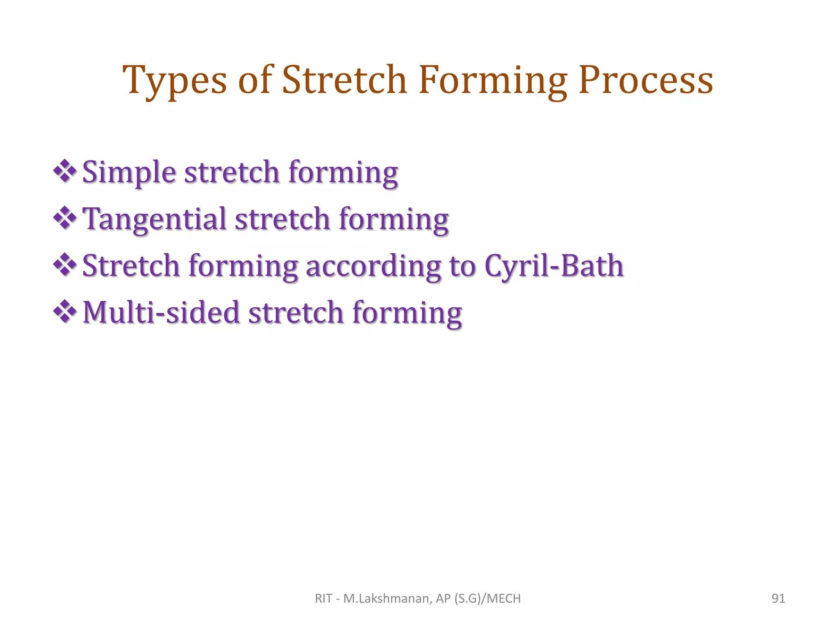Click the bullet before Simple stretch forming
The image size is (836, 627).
click(65, 171)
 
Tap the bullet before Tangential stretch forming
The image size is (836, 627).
click(65, 218)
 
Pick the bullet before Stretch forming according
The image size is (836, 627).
click(65, 265)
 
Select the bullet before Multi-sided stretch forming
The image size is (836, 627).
click(65, 312)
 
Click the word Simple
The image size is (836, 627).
click(129, 172)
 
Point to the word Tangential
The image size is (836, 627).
click(154, 219)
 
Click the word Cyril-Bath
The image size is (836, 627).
click(554, 266)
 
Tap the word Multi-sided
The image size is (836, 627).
click(161, 313)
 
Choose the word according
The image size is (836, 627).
click(374, 266)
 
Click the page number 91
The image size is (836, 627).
click(778, 598)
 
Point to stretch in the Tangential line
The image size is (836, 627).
click(282, 219)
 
